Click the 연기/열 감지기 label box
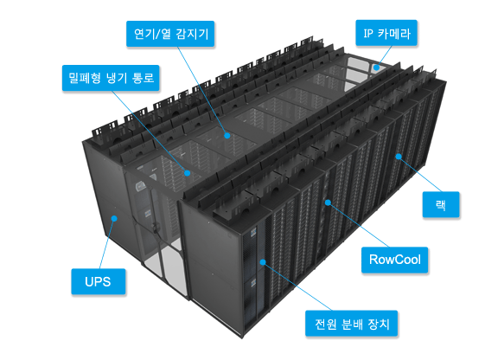click(x=170, y=34)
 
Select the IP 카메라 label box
click(x=386, y=33)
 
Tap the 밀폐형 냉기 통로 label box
click(x=111, y=78)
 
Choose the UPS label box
click(x=99, y=281)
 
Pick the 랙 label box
click(x=441, y=204)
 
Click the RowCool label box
click(x=395, y=260)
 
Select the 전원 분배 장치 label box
click(x=351, y=323)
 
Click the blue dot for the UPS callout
click(x=114, y=218)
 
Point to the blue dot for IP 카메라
click(x=376, y=67)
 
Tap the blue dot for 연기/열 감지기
click(x=227, y=135)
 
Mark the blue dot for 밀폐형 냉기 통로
click(x=187, y=173)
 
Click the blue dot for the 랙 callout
click(x=399, y=157)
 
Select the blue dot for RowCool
click(x=328, y=202)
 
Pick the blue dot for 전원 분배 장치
click(x=263, y=262)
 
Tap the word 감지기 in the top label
click(x=193, y=34)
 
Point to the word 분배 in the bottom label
click(x=351, y=324)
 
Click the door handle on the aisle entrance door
click(x=156, y=227)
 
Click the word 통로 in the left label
click(x=144, y=78)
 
